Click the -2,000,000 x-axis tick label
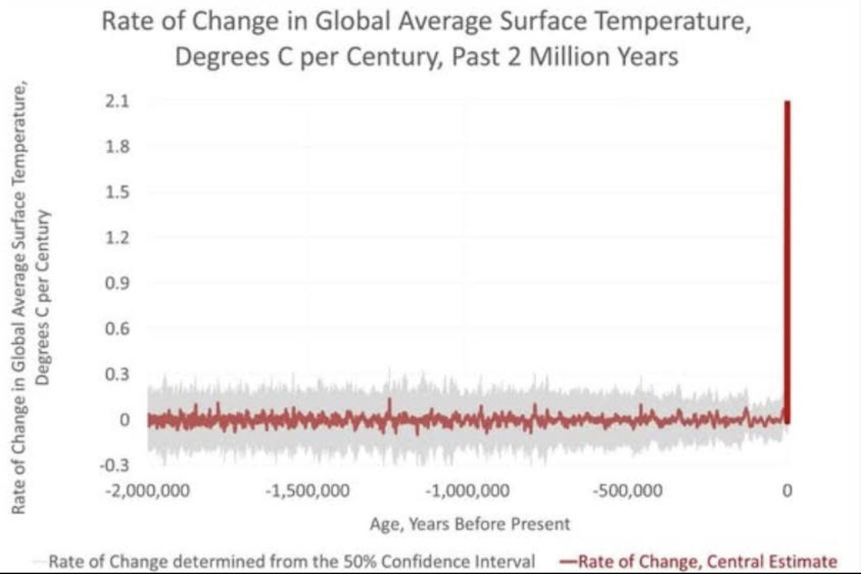[x=148, y=491]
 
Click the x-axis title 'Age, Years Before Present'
[x=470, y=523]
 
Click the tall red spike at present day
[x=788, y=261]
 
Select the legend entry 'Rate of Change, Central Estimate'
[x=706, y=561]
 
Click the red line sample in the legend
[x=566, y=561]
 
